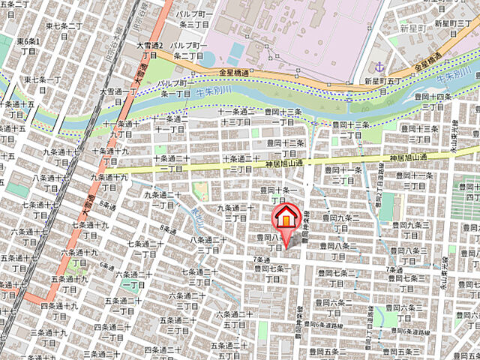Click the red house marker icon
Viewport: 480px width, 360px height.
tap(285, 217)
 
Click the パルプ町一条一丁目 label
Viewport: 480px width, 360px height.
tap(173, 88)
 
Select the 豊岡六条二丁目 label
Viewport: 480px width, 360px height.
tap(335, 307)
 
